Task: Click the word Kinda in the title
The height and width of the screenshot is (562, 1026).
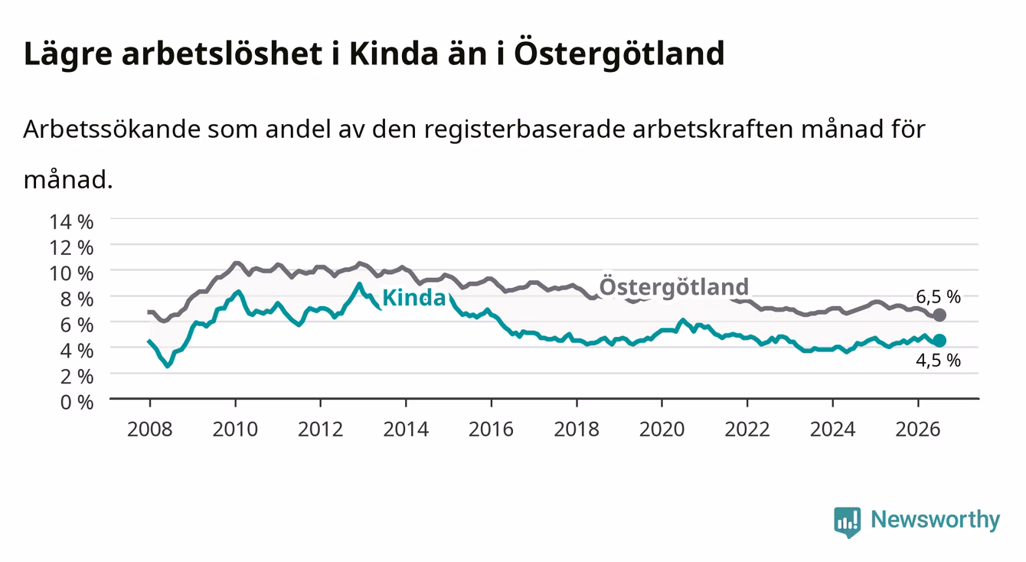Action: [394, 54]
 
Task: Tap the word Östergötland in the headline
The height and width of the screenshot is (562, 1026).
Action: [619, 53]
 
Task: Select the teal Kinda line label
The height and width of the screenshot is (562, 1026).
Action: [413, 298]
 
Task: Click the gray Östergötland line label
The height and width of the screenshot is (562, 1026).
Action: [674, 287]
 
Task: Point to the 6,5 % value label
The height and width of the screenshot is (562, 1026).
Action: [938, 297]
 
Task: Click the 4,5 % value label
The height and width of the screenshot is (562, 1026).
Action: [938, 361]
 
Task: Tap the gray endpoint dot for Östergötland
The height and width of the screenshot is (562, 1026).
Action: [939, 315]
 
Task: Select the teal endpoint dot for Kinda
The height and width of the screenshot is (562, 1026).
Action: [939, 341]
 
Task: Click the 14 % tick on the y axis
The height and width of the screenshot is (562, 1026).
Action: [71, 222]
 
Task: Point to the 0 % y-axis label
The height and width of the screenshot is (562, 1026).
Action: [77, 403]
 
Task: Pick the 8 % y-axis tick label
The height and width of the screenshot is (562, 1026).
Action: [77, 299]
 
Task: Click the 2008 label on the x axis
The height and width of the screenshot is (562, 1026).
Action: [150, 430]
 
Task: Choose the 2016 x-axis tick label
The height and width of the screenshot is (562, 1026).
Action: [491, 430]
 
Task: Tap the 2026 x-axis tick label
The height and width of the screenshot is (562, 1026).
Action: [918, 430]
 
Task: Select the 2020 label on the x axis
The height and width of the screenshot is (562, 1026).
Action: [662, 430]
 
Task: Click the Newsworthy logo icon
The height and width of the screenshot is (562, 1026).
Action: [848, 522]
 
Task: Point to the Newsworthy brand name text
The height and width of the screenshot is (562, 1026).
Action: [936, 520]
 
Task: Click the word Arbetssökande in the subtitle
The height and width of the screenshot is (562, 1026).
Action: [112, 129]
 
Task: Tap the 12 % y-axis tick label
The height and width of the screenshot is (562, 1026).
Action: [71, 248]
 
